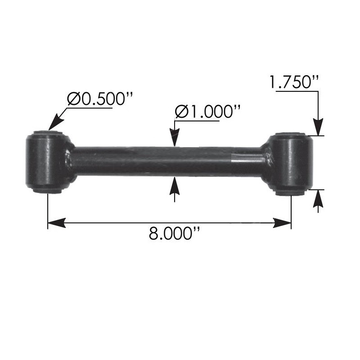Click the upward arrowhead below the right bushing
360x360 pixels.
tap(319, 197)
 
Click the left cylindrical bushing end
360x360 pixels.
tap(45, 162)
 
